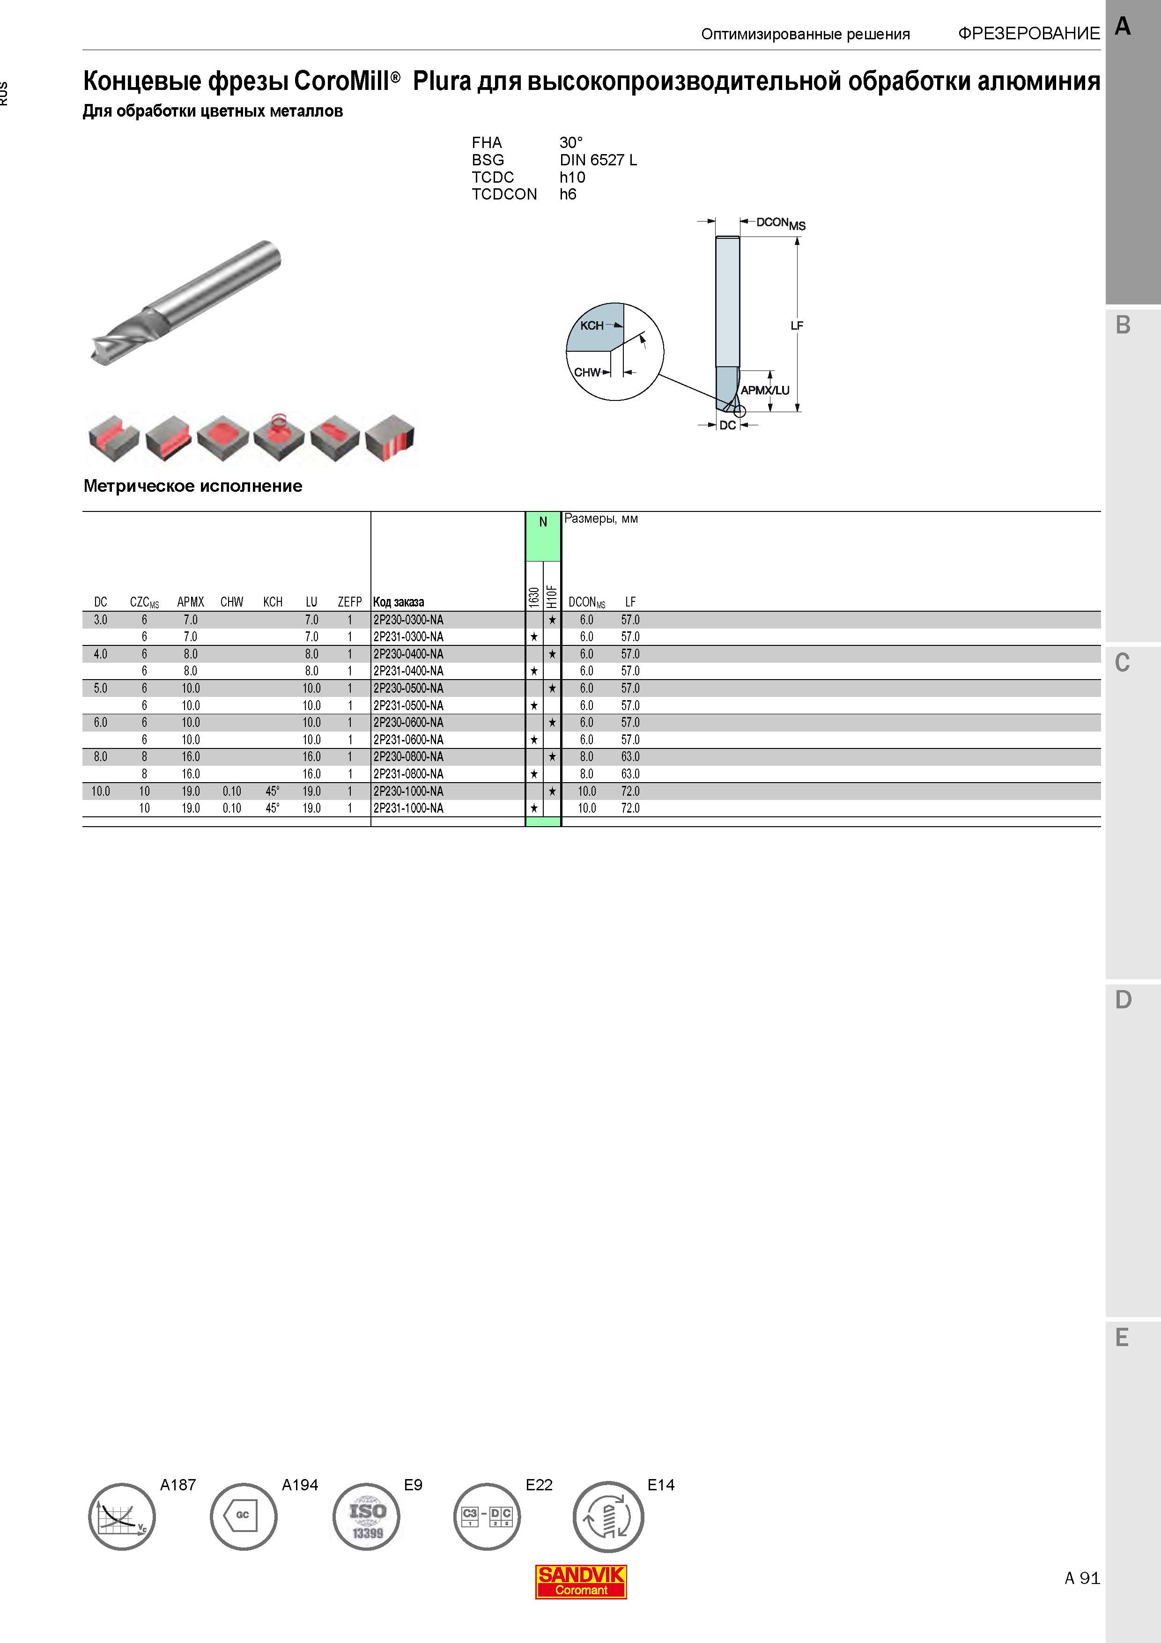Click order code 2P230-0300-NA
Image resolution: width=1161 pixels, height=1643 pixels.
[x=408, y=620]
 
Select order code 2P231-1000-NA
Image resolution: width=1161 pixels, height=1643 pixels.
[x=408, y=808]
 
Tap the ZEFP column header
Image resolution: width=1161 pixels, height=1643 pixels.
[x=350, y=602]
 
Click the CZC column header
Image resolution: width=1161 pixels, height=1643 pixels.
[x=145, y=602]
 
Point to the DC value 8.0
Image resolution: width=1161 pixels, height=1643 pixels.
[x=100, y=756]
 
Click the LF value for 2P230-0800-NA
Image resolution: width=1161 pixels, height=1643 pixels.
[x=630, y=756]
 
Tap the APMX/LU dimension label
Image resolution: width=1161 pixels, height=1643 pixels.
[x=765, y=390]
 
